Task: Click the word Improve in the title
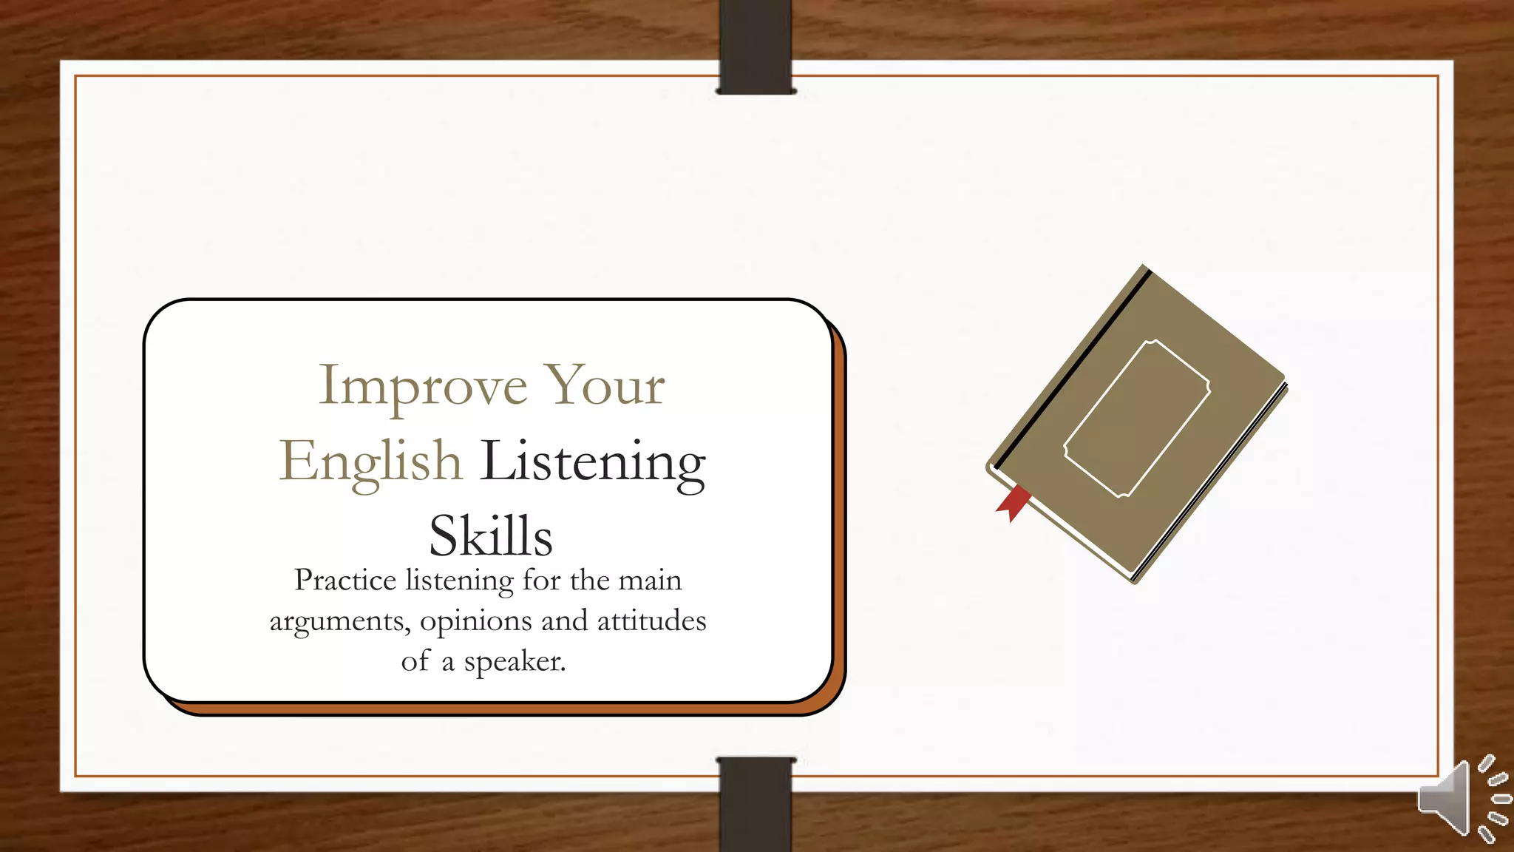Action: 422,387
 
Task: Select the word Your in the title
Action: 604,387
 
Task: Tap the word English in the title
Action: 370,461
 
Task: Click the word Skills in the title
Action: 490,536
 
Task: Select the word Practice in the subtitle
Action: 345,581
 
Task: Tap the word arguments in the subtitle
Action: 339,621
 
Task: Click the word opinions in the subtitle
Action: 475,621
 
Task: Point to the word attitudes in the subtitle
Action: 651,621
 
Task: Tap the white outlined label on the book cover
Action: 1137,419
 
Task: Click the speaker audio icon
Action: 1462,799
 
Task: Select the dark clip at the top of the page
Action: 756,46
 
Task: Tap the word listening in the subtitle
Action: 459,581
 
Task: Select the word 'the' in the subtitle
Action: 589,581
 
